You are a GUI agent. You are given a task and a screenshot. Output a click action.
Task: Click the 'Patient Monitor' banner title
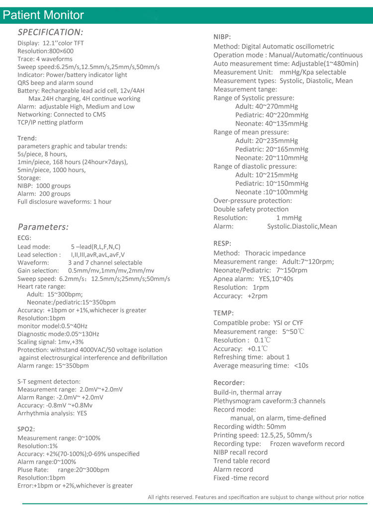click(43, 15)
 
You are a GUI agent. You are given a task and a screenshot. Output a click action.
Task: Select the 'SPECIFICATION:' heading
click(50, 32)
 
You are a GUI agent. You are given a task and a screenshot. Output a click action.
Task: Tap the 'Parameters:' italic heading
click(43, 227)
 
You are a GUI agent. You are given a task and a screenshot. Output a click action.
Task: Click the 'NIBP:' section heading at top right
click(222, 37)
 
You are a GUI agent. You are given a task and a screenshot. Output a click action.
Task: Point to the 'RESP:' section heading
click(222, 244)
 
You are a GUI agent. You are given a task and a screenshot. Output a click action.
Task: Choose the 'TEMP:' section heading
click(223, 313)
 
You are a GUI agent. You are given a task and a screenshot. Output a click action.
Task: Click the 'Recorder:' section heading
click(229, 383)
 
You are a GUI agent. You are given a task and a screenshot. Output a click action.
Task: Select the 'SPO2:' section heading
click(26, 428)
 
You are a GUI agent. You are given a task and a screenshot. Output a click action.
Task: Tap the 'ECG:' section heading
click(24, 238)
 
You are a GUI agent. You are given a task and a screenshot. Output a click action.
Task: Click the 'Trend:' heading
click(27, 138)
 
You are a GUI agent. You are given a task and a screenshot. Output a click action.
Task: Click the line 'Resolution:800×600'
click(45, 51)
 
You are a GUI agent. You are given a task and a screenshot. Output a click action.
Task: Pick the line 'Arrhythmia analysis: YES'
click(52, 413)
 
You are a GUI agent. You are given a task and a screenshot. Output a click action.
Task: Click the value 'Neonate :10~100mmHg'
click(272, 192)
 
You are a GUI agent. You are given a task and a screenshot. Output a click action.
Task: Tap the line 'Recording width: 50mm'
click(250, 427)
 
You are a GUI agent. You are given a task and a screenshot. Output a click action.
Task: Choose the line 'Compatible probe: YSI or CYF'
click(261, 323)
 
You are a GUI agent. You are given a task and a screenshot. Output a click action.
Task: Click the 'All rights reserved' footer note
click(256, 497)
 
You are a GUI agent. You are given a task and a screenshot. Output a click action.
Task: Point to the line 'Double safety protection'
click(251, 209)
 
